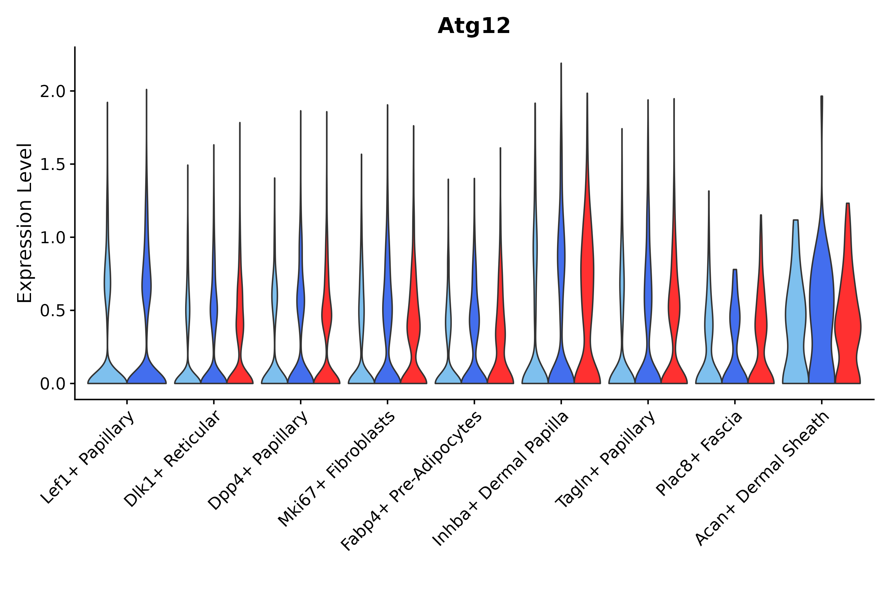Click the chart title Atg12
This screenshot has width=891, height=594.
click(x=474, y=26)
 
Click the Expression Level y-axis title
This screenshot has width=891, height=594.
click(x=25, y=223)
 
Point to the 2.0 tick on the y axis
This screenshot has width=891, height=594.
click(x=52, y=92)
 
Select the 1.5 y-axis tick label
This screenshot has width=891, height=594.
click(x=52, y=165)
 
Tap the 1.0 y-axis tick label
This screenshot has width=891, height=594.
click(x=52, y=238)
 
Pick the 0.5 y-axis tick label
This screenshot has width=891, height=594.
click(x=52, y=311)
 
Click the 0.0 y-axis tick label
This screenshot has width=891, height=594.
click(x=52, y=384)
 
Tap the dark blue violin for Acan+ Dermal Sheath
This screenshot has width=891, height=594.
click(x=821, y=303)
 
